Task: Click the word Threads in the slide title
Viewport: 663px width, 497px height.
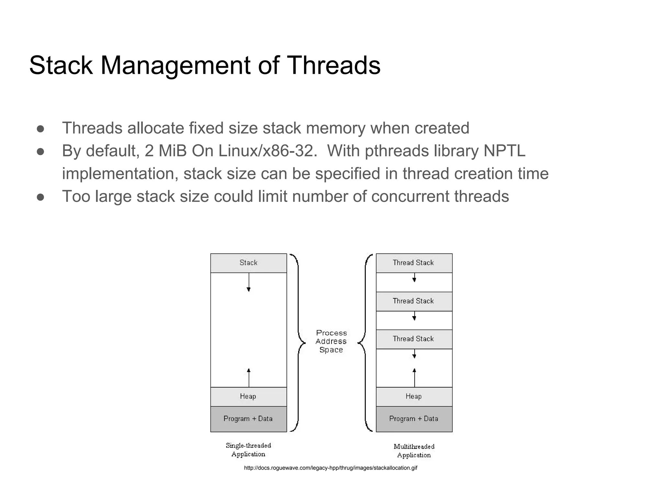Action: point(333,65)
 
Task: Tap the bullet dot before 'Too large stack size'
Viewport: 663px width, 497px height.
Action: point(40,197)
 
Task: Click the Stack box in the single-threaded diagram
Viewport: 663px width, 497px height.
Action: point(248,263)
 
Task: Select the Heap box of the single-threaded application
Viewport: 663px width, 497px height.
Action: point(248,396)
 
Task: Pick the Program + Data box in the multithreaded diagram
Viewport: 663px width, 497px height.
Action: point(414,419)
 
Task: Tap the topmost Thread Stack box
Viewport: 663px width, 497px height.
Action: point(414,263)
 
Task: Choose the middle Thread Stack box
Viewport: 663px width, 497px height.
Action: point(414,301)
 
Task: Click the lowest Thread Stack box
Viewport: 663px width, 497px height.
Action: point(414,339)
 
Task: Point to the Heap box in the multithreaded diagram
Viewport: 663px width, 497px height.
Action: point(414,396)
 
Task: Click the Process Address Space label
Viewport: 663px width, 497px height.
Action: point(331,341)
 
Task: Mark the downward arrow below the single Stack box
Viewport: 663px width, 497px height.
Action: point(249,282)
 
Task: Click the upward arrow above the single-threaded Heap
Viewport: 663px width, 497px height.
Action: point(249,377)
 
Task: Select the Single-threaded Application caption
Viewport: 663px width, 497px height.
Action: point(248,450)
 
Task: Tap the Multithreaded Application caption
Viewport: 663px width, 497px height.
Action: point(414,451)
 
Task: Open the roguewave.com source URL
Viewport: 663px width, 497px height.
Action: point(331,468)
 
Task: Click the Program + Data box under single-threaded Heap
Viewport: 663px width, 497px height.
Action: point(248,419)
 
